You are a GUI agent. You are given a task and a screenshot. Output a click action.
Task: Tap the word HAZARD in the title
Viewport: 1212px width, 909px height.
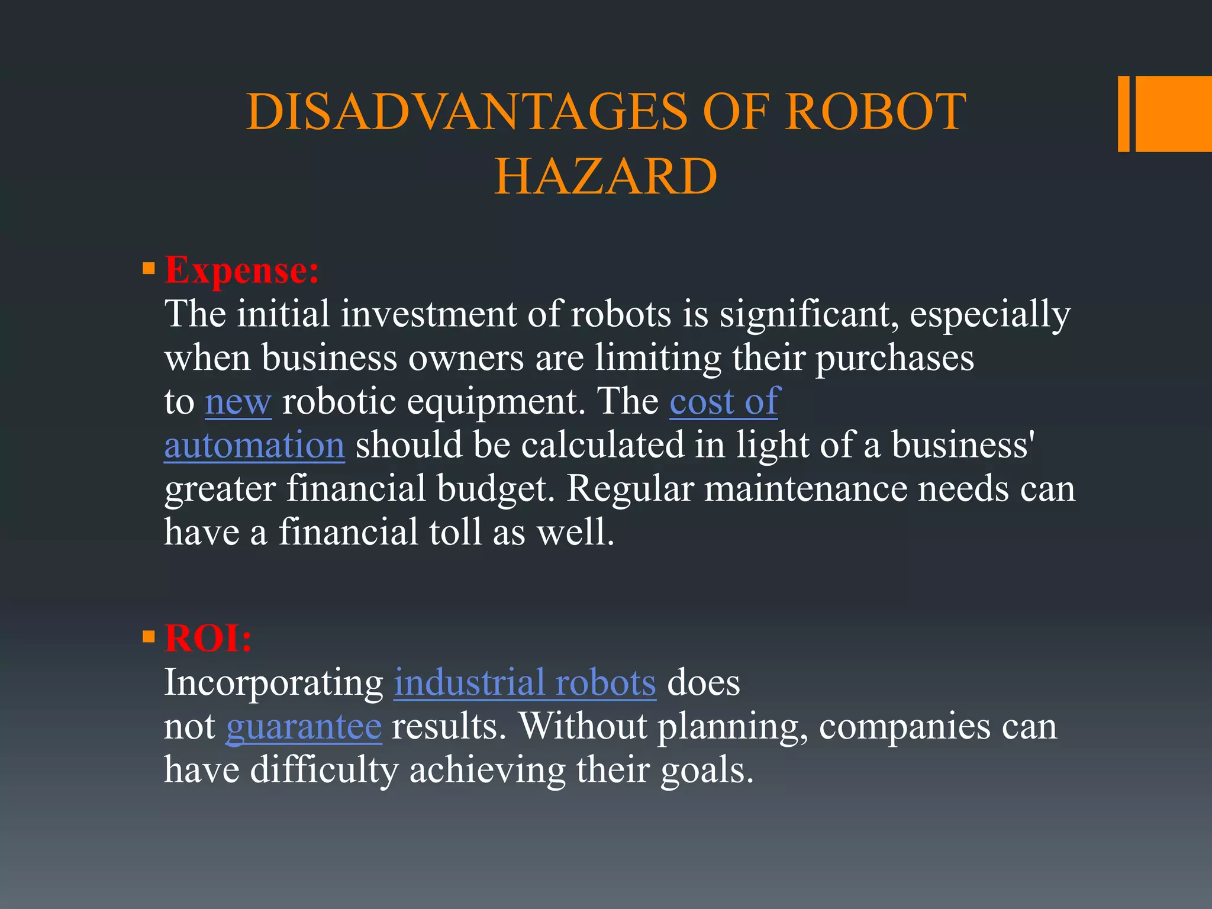point(605,176)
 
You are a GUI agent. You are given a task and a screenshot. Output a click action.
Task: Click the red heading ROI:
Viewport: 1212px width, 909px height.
point(208,639)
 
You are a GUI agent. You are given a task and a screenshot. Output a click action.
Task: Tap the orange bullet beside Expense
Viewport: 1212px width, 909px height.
point(149,270)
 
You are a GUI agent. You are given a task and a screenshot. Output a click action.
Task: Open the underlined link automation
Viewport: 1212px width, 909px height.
point(254,446)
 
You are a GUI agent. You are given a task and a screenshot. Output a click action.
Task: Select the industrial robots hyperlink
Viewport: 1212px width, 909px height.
point(525,683)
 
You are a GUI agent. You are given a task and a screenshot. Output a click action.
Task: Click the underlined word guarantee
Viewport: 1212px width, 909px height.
point(304,727)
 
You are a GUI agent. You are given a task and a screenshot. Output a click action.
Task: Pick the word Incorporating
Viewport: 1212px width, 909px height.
point(274,683)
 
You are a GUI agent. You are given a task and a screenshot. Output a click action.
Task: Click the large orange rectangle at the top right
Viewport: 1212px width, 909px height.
point(1174,114)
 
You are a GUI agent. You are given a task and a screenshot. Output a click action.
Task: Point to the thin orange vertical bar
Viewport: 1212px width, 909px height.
point(1123,114)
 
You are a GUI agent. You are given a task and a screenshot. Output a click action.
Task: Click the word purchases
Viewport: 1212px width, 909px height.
point(894,358)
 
